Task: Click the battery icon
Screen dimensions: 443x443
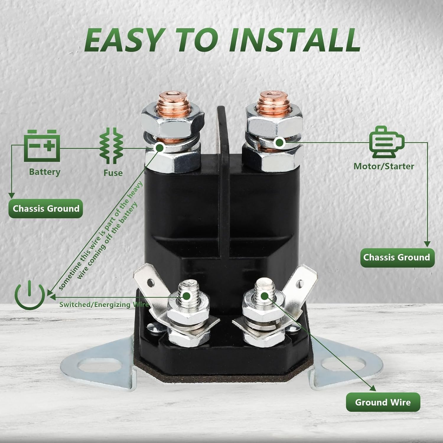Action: coord(42,146)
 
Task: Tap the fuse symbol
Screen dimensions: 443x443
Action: coord(111,146)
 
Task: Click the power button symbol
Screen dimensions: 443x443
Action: coord(30,294)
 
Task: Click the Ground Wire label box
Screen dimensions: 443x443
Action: coord(383,402)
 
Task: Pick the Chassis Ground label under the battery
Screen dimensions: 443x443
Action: coord(46,209)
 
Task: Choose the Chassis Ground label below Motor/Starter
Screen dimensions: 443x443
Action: coord(397,258)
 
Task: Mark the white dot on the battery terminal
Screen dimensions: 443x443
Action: coord(159,147)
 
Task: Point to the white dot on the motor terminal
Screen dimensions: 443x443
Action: coord(279,142)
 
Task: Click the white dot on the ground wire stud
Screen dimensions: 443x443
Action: coord(264,295)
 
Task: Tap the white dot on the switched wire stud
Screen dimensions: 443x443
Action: coord(186,295)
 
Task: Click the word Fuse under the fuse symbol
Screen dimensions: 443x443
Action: coord(113,173)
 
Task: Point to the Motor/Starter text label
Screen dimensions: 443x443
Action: coord(384,166)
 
